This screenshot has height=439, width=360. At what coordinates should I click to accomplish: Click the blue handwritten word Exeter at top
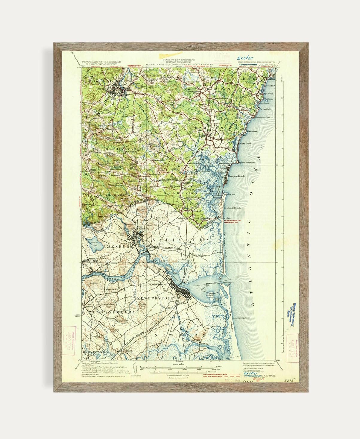pyautogui.click(x=245, y=58)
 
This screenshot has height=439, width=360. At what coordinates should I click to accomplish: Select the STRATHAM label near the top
pyautogui.click(x=153, y=75)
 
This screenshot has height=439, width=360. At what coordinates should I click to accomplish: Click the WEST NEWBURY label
pyautogui.click(x=111, y=312)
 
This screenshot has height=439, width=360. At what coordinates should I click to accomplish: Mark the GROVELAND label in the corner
pyautogui.click(x=95, y=352)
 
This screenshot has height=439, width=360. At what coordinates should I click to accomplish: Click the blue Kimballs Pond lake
pyautogui.click(x=89, y=241)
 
